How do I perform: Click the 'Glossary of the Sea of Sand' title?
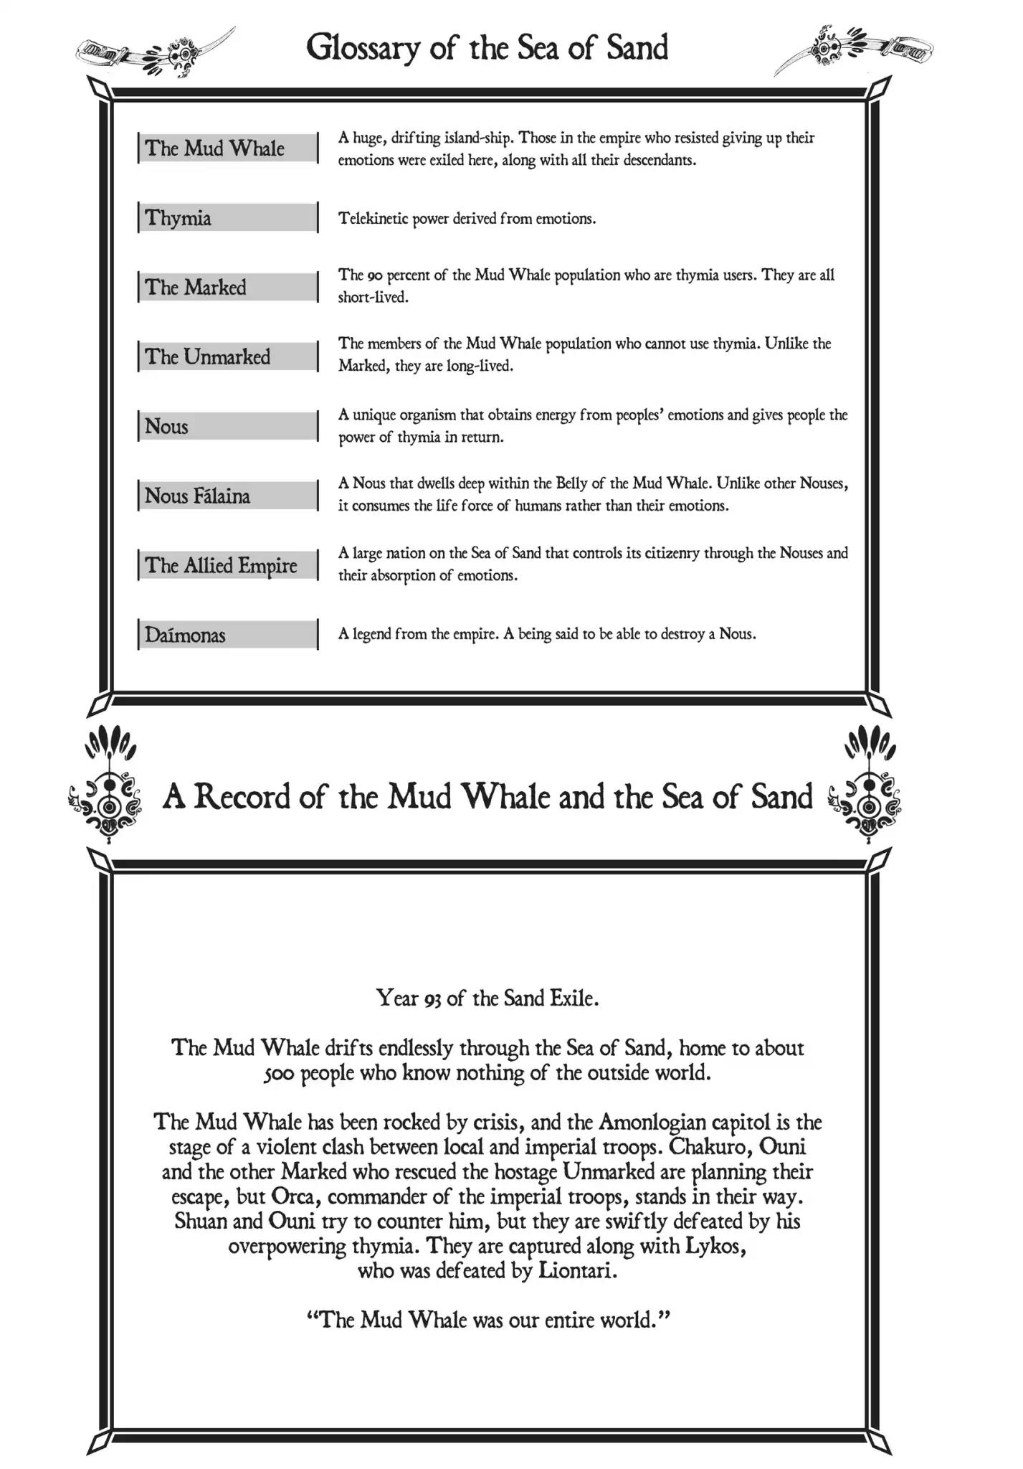point(487,47)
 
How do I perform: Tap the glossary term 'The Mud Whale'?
point(214,148)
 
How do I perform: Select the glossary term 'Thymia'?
point(178,217)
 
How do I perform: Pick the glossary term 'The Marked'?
point(195,287)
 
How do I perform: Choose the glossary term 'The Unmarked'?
point(207,356)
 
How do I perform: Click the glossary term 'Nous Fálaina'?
point(197,496)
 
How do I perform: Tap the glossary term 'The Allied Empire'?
point(221,565)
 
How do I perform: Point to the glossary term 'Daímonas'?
point(185,635)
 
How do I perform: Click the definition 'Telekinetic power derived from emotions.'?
point(467,219)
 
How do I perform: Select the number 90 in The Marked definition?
point(375,275)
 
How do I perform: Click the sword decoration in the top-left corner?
point(153,52)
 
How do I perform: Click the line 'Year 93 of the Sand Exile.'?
point(487,998)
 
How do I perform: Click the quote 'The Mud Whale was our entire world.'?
point(487,1319)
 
